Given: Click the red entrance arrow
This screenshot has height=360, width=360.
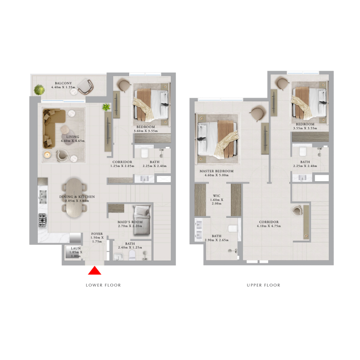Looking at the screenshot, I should (94, 271).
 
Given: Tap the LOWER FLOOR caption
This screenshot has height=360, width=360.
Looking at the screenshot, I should (103, 285).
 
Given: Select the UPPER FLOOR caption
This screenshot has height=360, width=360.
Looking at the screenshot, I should (263, 285).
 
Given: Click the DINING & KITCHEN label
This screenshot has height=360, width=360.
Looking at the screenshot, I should (77, 196).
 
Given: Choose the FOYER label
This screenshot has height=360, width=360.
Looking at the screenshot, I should (97, 234).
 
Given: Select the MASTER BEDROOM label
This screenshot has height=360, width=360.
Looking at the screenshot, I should (217, 171).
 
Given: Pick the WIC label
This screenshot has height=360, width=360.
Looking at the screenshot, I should (216, 195).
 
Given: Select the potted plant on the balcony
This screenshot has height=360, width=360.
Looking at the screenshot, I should (36, 89).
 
